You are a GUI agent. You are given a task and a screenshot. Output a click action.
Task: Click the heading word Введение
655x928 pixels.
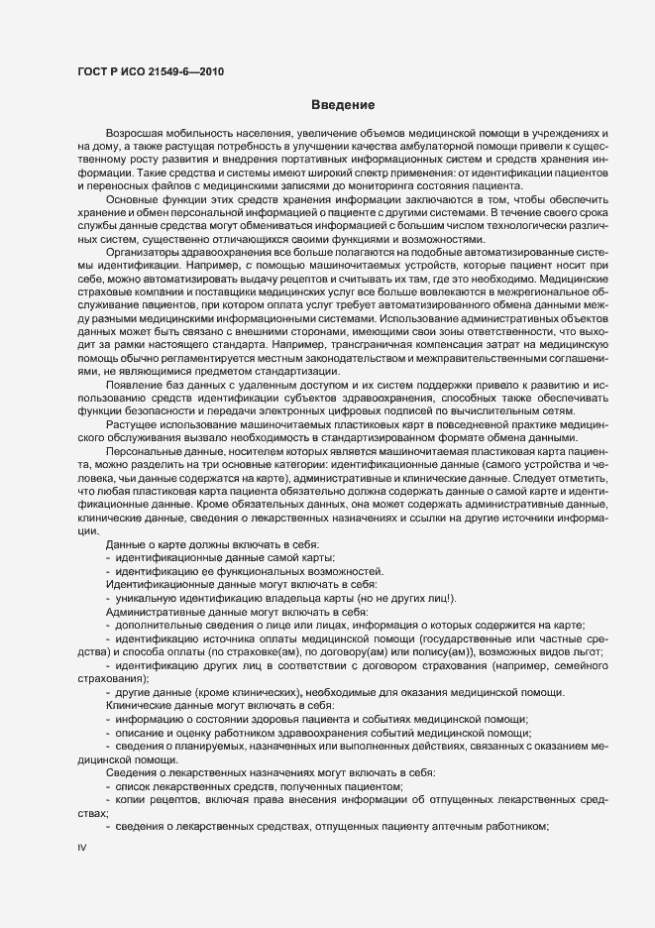342,104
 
